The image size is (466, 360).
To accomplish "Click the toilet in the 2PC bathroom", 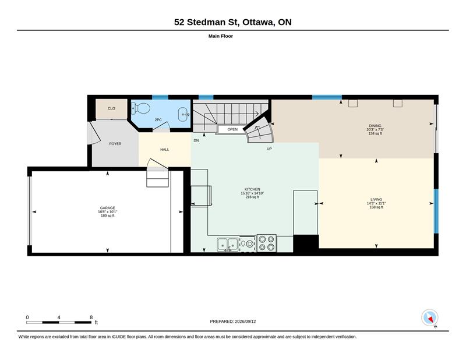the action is click(x=140, y=108).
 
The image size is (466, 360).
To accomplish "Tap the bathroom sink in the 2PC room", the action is click(x=183, y=114).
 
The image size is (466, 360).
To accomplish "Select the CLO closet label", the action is click(x=111, y=108).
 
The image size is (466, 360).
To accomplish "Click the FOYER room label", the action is click(x=115, y=143).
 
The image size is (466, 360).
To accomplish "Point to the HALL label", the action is click(x=165, y=150).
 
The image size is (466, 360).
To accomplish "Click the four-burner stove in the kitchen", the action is click(x=267, y=243).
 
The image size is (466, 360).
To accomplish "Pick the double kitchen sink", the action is click(x=228, y=245).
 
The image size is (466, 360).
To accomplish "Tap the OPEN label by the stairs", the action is click(x=232, y=129).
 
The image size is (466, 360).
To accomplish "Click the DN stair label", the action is click(x=196, y=140).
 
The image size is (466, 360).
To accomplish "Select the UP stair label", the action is click(x=269, y=149).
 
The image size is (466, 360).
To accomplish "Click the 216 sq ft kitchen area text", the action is click(x=252, y=197).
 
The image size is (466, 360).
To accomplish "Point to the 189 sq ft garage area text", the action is click(x=108, y=216).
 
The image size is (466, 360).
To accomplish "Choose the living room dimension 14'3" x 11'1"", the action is click(x=376, y=203).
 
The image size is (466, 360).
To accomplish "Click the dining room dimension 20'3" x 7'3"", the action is click(x=375, y=130).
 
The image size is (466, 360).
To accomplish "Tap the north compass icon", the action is click(x=430, y=317).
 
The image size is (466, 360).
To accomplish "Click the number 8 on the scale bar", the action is click(x=91, y=317).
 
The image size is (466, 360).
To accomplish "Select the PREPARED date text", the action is click(x=232, y=322).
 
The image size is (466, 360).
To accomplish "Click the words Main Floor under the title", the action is click(x=221, y=36).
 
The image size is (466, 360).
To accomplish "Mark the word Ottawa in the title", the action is click(x=258, y=22).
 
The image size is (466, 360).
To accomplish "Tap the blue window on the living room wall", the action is click(x=436, y=211).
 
